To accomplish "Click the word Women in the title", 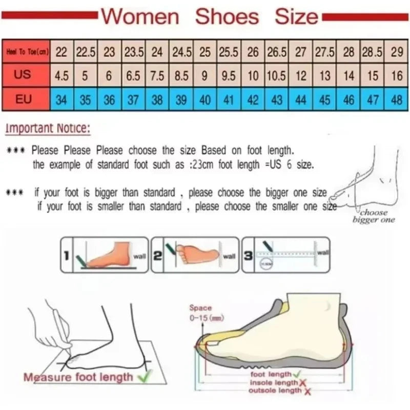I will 140,16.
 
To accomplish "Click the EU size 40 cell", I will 205,99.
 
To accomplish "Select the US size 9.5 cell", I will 229,76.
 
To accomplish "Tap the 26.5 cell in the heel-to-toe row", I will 277,52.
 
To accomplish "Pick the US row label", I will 23,75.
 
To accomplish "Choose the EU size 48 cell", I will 396,99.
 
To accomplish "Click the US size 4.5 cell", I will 61,76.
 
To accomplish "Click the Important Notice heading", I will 48,128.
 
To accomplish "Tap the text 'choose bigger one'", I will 374,216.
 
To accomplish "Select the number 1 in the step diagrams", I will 66,254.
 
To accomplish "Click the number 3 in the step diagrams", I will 248,254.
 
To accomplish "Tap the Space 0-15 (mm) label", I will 200,313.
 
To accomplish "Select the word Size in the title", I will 296,16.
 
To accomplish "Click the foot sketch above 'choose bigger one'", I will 366,179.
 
